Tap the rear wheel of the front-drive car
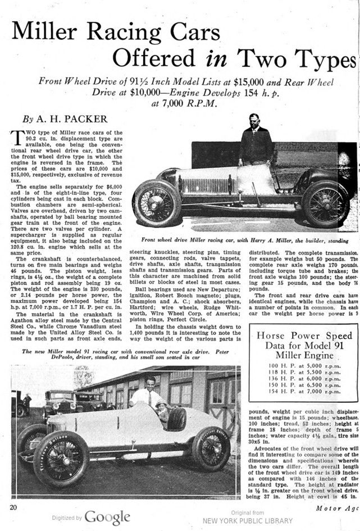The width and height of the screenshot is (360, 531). click(325, 204)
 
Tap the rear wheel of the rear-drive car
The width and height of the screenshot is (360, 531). click(211, 447)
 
